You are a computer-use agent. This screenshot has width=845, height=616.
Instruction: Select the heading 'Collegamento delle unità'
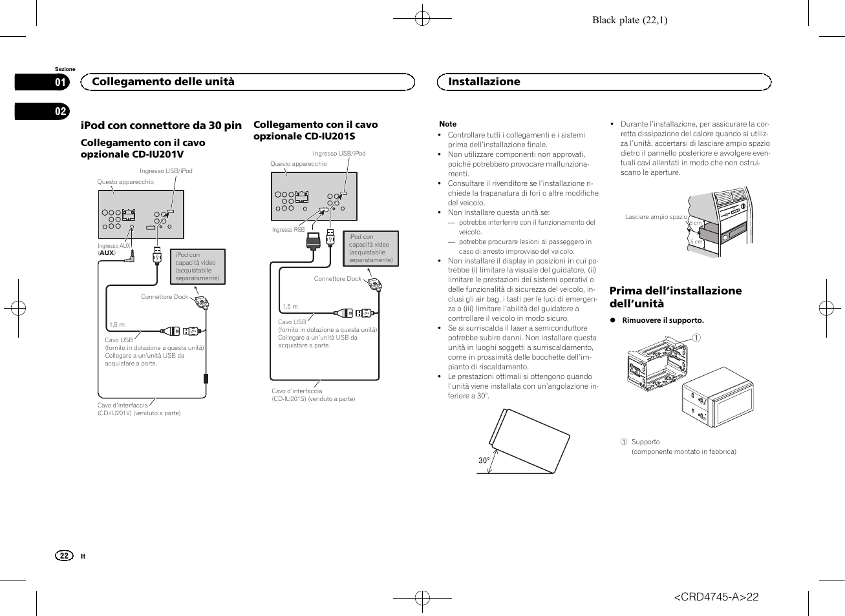pos(163,81)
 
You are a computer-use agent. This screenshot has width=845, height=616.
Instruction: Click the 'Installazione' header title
pos(484,81)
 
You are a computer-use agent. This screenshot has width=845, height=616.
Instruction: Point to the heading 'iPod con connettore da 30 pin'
pos(161,125)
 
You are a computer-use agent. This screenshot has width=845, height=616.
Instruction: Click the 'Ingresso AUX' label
pos(114,246)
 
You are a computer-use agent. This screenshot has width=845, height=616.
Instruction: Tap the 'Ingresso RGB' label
pos(288,230)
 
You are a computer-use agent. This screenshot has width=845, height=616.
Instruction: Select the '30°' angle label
pos(484,460)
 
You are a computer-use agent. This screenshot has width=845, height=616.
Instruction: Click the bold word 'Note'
pos(447,124)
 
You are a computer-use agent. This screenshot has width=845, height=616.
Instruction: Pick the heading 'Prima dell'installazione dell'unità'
pos(675,297)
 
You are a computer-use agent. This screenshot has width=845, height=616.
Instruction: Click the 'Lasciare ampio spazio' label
pos(656,217)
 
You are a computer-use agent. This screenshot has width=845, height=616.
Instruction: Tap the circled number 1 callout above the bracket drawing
pos(696,338)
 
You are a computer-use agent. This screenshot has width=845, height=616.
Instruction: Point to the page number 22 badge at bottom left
pos(63,556)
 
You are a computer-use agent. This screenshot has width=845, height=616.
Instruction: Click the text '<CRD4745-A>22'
pos(716,597)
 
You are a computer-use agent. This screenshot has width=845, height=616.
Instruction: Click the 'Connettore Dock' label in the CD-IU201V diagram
pos(164,297)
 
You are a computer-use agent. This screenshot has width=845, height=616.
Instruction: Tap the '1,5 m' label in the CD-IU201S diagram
pos(290,307)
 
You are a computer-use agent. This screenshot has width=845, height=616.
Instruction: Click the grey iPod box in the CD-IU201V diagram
pos(197,267)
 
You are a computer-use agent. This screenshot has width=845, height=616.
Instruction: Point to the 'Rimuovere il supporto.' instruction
pos(663,320)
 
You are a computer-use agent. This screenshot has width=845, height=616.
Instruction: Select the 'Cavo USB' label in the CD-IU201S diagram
pos(292,322)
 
